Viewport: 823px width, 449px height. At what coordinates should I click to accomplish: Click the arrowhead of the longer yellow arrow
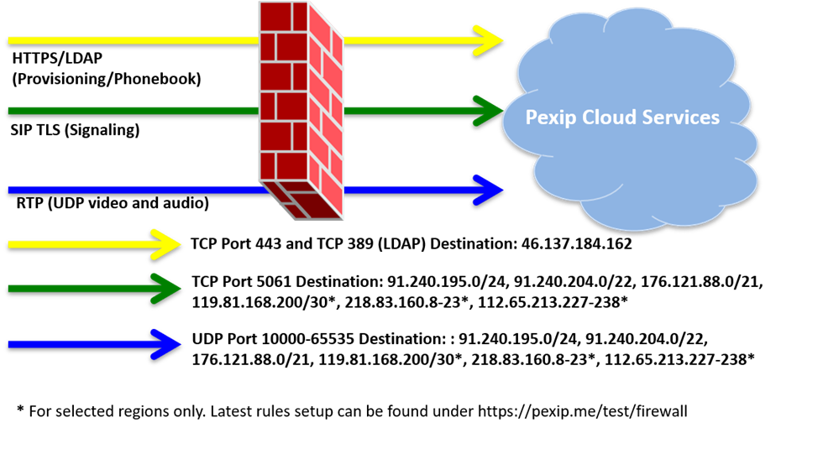point(491,40)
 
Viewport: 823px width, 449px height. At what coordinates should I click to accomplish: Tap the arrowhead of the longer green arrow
point(491,111)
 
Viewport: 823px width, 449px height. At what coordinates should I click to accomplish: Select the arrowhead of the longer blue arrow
point(491,190)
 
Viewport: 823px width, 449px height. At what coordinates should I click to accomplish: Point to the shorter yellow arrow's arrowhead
point(169,244)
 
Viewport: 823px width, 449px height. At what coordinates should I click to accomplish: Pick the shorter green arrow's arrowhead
point(169,289)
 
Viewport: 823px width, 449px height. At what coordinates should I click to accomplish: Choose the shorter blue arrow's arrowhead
point(169,344)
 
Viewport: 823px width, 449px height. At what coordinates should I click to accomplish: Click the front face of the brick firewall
point(284,92)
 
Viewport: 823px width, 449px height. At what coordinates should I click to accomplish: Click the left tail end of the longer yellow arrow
point(12,40)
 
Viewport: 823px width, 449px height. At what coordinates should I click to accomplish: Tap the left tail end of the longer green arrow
point(12,111)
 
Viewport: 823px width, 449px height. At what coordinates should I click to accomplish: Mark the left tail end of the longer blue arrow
point(12,191)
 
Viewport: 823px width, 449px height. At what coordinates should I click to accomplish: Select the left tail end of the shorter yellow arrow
point(12,244)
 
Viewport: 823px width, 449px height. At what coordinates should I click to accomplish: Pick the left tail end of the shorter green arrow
point(12,289)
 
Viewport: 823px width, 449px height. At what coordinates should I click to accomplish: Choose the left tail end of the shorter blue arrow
point(12,344)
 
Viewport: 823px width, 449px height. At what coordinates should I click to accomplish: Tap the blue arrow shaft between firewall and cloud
point(411,190)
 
